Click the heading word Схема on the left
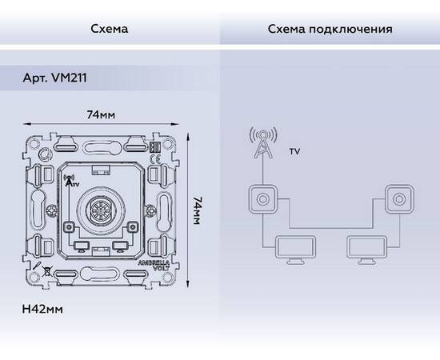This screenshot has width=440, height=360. [110, 30]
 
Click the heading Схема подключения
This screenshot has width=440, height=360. [330, 30]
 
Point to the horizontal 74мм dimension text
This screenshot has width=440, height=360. [101, 115]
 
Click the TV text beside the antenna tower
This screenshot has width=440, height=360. [295, 151]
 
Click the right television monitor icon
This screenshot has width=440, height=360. [366, 250]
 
